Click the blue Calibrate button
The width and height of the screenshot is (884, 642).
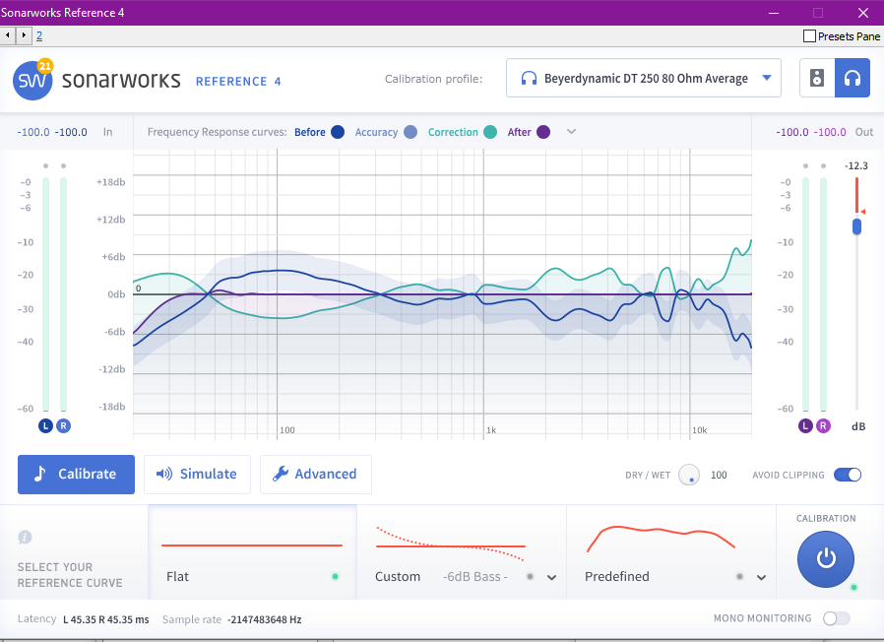click(76, 474)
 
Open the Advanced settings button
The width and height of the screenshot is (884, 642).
click(315, 474)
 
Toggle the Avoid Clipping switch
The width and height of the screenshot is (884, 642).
click(848, 475)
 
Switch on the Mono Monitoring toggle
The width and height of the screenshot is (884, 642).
click(836, 618)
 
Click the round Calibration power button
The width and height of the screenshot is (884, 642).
click(826, 559)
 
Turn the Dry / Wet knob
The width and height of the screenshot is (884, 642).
click(689, 475)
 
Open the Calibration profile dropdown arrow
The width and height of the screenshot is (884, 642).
click(767, 79)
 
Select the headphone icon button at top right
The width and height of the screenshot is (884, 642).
click(852, 79)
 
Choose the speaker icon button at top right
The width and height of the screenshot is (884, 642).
click(817, 79)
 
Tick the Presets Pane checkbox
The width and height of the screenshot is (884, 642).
click(810, 36)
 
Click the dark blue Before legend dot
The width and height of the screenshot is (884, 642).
click(338, 132)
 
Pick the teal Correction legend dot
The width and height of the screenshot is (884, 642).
click(489, 132)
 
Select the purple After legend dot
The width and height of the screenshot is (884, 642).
click(543, 132)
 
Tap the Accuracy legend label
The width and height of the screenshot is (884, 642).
click(376, 132)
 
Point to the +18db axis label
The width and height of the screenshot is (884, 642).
click(111, 182)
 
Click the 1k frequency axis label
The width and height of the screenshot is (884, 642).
click(491, 430)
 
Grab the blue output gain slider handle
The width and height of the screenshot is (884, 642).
click(856, 226)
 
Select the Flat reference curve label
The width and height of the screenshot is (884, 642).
click(178, 576)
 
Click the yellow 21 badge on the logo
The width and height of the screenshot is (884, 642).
click(44, 66)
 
